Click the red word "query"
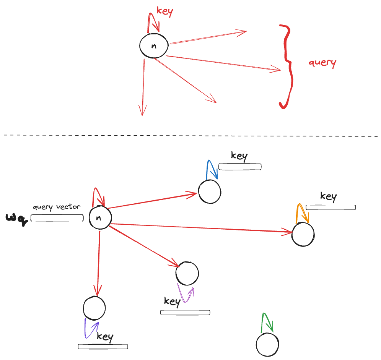click(x=322, y=63)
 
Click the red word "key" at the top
click(x=165, y=11)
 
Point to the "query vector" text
click(x=57, y=207)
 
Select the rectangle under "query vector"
click(x=57, y=218)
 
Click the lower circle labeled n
click(x=100, y=218)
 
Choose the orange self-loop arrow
click(x=302, y=212)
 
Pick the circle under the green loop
click(x=267, y=345)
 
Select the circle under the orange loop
click(x=303, y=234)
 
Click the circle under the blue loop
click(x=210, y=191)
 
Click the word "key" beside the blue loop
click(x=239, y=156)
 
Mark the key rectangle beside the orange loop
click(x=331, y=208)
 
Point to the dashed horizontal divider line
click(x=191, y=135)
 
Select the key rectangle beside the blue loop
click(x=240, y=167)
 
